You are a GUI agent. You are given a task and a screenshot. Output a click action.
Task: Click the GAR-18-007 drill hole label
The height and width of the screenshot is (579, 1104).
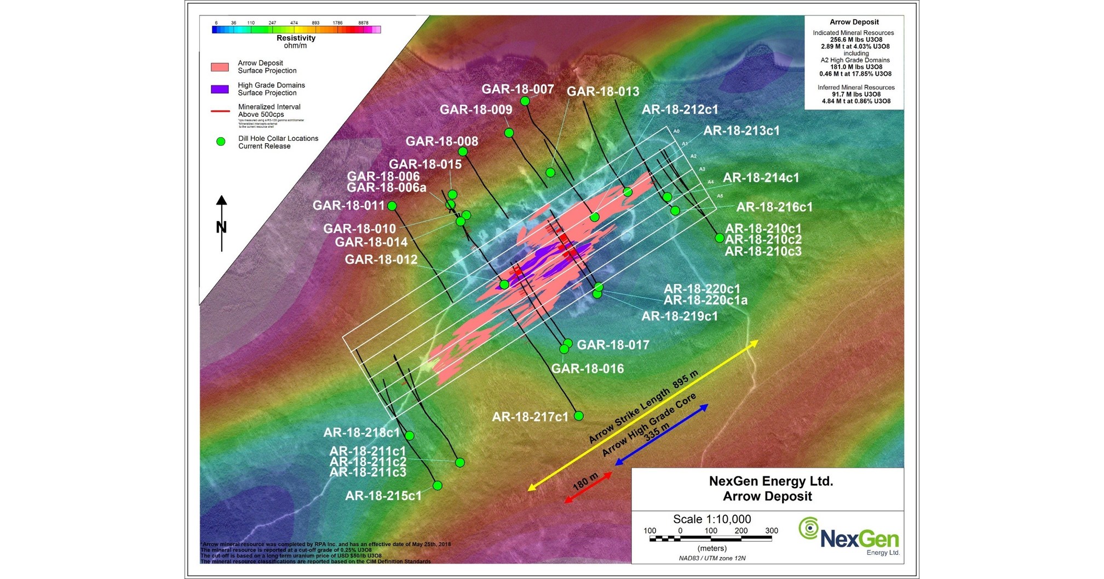[517, 89]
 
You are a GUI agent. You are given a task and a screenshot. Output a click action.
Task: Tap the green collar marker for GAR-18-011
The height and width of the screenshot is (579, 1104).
[392, 206]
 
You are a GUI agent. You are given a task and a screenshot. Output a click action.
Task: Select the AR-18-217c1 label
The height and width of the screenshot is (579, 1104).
[530, 417]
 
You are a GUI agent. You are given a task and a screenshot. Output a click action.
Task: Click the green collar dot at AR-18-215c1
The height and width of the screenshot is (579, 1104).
[437, 485]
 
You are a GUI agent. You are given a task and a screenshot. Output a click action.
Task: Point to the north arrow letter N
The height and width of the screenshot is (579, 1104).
[221, 227]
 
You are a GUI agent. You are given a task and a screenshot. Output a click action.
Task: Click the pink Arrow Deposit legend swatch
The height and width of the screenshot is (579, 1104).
[220, 67]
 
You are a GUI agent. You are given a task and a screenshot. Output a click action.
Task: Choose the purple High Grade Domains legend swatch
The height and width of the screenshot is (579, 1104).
[220, 89]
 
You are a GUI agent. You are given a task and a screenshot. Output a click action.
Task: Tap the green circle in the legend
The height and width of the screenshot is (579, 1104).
[221, 141]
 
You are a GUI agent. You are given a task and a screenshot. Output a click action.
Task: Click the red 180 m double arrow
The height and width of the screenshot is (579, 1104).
[588, 487]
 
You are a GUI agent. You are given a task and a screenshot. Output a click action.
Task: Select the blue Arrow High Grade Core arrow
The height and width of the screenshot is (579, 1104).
[662, 435]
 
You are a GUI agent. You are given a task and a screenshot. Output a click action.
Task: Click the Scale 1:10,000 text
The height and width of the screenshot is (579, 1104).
[712, 519]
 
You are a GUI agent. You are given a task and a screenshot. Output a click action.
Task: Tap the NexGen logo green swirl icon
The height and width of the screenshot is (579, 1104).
[808, 528]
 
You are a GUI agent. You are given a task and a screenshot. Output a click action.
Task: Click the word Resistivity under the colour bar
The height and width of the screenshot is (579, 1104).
[296, 38]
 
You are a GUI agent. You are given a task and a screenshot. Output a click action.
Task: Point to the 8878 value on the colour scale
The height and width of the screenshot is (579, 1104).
[363, 23]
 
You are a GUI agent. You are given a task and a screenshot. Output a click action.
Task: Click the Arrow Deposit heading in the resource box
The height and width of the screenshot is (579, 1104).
[854, 22]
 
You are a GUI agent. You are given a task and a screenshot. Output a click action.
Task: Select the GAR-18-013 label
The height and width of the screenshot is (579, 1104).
[602, 92]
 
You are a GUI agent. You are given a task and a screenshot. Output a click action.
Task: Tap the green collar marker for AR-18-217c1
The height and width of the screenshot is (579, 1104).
[578, 416]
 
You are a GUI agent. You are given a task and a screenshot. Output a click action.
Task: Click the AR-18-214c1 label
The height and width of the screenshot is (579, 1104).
[761, 178]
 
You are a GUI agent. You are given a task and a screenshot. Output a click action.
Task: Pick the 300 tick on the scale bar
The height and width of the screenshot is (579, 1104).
[771, 531]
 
